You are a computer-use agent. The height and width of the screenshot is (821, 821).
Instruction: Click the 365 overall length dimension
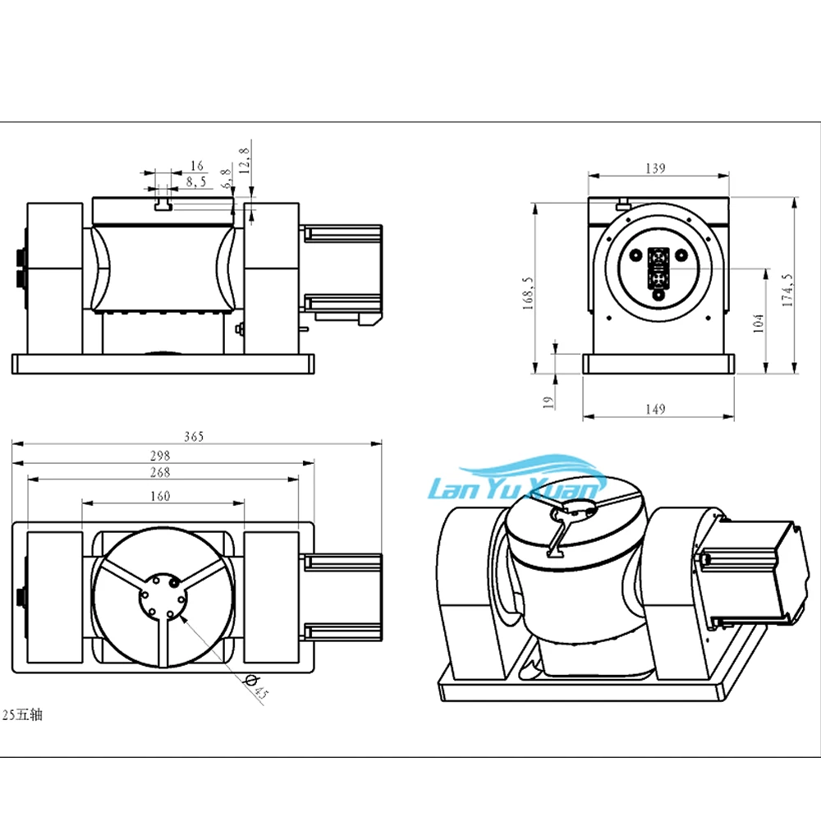point(194,437)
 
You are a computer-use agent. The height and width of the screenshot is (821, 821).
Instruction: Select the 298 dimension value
point(160,456)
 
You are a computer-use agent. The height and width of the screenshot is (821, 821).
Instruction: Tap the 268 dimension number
point(160,472)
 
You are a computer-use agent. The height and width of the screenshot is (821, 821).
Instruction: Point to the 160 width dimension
point(160,496)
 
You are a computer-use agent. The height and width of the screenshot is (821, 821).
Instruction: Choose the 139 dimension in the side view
point(655,168)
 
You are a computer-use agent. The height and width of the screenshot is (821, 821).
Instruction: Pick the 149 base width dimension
point(655,409)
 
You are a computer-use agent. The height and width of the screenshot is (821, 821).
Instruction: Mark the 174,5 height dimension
point(787,290)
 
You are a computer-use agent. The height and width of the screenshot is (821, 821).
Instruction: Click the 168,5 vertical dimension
point(528,293)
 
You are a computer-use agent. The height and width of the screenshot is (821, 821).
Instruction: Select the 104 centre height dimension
point(758,323)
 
